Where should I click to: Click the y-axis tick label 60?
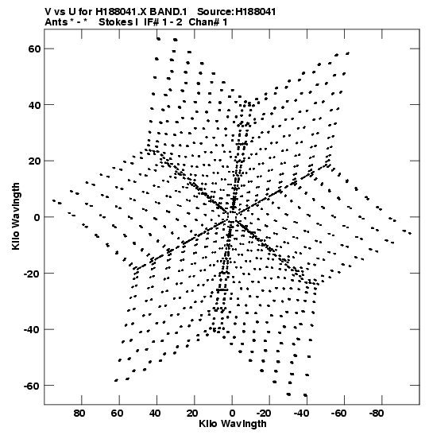tap(34, 49)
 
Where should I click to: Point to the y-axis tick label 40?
tap(34, 105)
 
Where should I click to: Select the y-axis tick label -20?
tap(33, 274)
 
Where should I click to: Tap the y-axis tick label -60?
tap(33, 386)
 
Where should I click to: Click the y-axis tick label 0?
tap(37, 217)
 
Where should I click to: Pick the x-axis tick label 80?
tap(79, 414)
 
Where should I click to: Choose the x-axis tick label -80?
tap(377, 414)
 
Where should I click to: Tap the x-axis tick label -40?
tap(301, 414)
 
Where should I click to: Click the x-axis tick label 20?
tap(191, 414)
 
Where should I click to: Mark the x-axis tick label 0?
tap(232, 414)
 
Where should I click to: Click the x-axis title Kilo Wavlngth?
tap(233, 424)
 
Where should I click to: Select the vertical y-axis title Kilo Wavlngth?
tap(16, 216)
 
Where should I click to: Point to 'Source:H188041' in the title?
tap(237, 12)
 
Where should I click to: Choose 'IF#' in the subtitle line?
tap(152, 22)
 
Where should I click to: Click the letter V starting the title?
tap(48, 12)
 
